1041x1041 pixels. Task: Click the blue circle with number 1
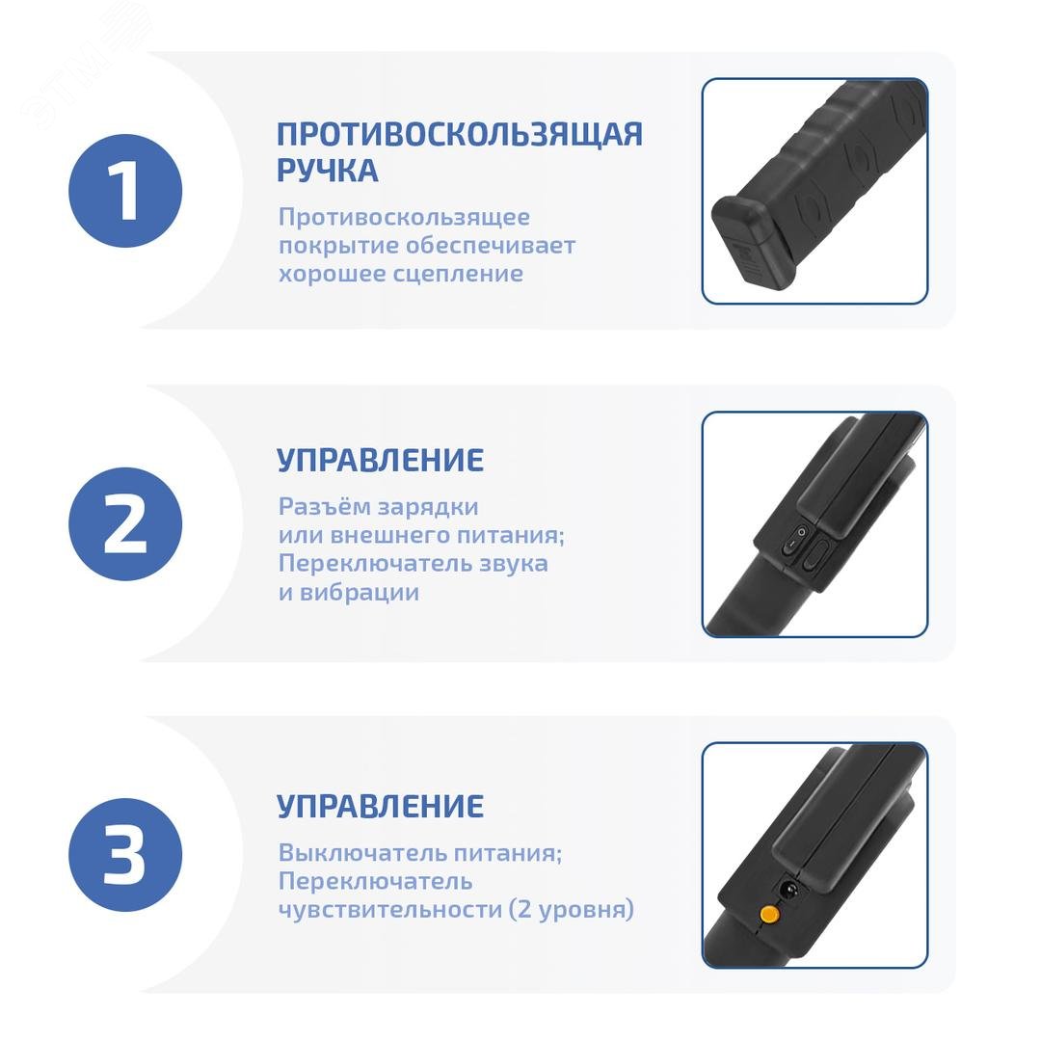coord(124,191)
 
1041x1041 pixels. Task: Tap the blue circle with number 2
coord(124,523)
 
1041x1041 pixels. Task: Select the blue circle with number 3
coord(124,855)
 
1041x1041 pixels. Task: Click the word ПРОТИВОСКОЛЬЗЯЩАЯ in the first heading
coord(460,135)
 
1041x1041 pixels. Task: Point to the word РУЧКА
coord(328,171)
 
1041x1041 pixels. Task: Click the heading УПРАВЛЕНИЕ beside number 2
coord(380,460)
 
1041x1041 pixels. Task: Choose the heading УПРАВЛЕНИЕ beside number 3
coord(380,806)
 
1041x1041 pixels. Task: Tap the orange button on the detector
coord(769,914)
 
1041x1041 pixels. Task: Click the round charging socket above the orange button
coord(788,889)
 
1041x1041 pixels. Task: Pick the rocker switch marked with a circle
coord(794,541)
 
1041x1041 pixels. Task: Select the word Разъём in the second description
coord(316,507)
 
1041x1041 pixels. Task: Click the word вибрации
coord(360,593)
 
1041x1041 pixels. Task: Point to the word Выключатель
coord(356,853)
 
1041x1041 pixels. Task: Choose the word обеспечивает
coord(490,246)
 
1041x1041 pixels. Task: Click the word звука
coord(510,564)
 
